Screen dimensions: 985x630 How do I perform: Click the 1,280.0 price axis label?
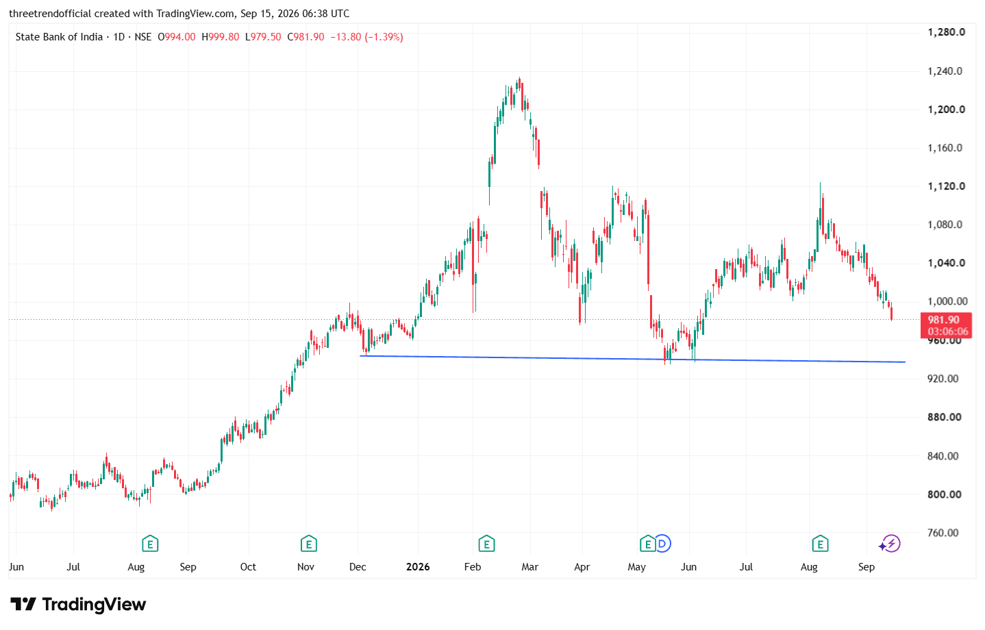pos(947,32)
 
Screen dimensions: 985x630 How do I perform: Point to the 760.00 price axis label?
pos(943,533)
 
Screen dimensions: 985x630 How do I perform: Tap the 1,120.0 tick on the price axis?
pos(947,186)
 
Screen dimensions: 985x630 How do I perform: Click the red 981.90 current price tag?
pos(946,325)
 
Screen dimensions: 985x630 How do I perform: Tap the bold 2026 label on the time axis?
pos(418,567)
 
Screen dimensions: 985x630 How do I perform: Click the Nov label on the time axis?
pos(306,567)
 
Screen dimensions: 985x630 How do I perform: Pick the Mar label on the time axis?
pos(530,567)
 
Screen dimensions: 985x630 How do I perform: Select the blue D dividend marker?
pos(662,544)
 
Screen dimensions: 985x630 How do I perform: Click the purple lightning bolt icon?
pos(891,544)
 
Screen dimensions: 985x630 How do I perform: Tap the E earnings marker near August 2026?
pos(820,544)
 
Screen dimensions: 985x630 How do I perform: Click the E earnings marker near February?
pos(486,544)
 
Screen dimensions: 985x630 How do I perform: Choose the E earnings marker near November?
pos(309,544)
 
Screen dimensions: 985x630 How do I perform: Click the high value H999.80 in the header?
pos(221,37)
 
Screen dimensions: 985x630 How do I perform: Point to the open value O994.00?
pos(176,37)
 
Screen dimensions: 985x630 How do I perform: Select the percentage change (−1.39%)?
pos(384,37)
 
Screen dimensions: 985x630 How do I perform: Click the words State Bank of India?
pos(59,37)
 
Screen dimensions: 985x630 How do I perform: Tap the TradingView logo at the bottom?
pos(78,605)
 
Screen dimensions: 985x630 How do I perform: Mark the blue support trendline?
pos(632,359)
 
